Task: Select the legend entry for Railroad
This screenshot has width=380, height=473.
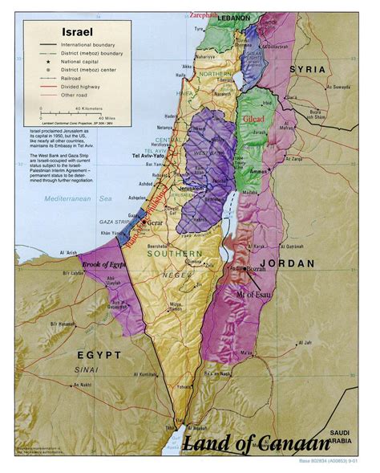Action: [79, 79]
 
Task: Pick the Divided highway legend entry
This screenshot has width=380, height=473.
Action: [84, 87]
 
